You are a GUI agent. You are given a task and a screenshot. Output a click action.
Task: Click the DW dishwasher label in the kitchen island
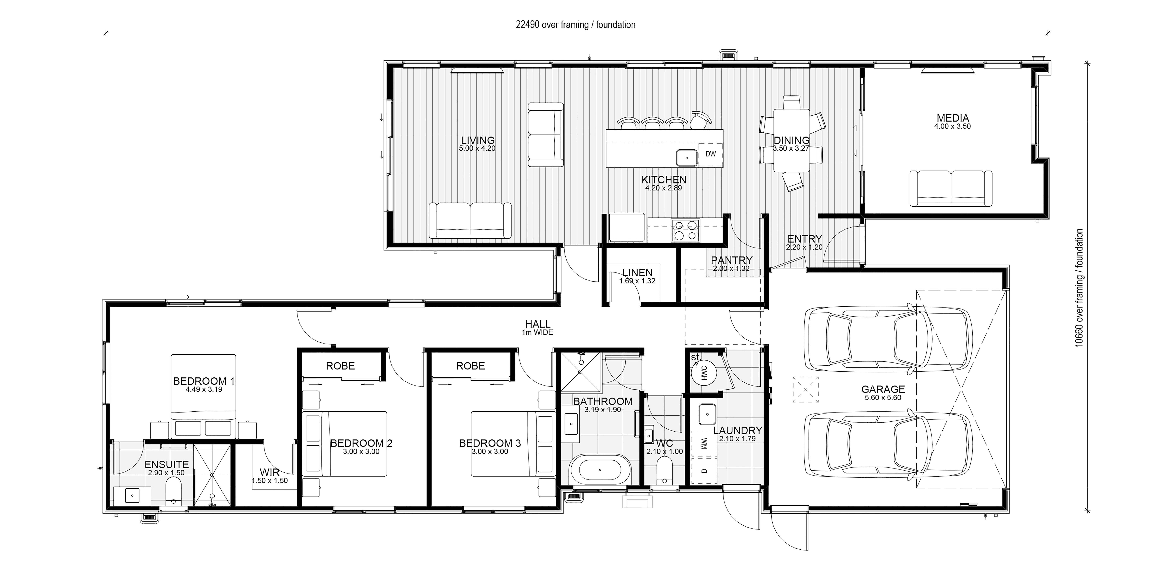(711, 154)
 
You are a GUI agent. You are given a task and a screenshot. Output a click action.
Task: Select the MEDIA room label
(952, 118)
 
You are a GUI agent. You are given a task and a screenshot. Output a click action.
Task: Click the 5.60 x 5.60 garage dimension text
(883, 398)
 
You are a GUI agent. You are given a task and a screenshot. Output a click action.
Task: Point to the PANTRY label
(731, 260)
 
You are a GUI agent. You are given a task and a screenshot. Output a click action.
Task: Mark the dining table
(791, 140)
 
